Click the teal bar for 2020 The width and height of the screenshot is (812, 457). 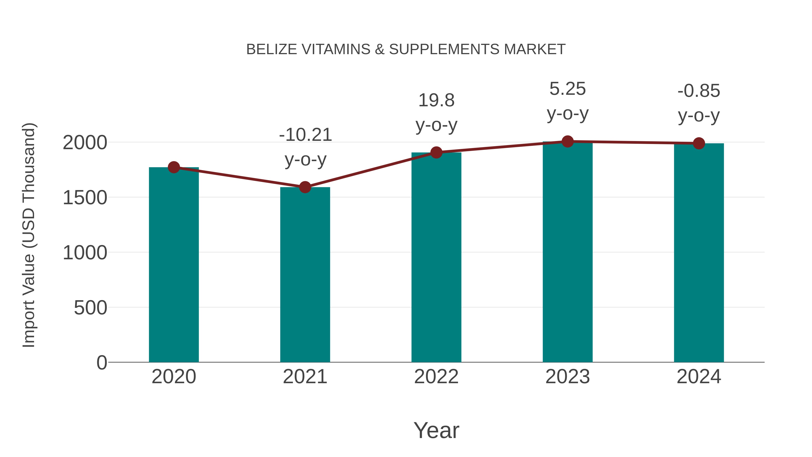click(174, 265)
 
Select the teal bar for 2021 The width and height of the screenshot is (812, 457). click(305, 274)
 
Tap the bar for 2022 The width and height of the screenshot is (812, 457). click(436, 257)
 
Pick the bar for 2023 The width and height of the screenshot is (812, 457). click(567, 252)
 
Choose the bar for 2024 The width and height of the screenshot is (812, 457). click(699, 252)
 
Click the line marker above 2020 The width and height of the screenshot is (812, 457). click(174, 167)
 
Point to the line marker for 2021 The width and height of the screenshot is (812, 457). click(305, 187)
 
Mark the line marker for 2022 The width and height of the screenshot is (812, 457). click(436, 153)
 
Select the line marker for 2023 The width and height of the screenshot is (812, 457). click(567, 142)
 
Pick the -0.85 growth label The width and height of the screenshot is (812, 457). click(699, 103)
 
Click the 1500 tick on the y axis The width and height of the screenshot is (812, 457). click(85, 198)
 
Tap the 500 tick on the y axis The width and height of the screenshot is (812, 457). click(90, 308)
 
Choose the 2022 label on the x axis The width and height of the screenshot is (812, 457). click(436, 377)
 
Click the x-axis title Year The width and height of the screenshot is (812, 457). click(436, 430)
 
